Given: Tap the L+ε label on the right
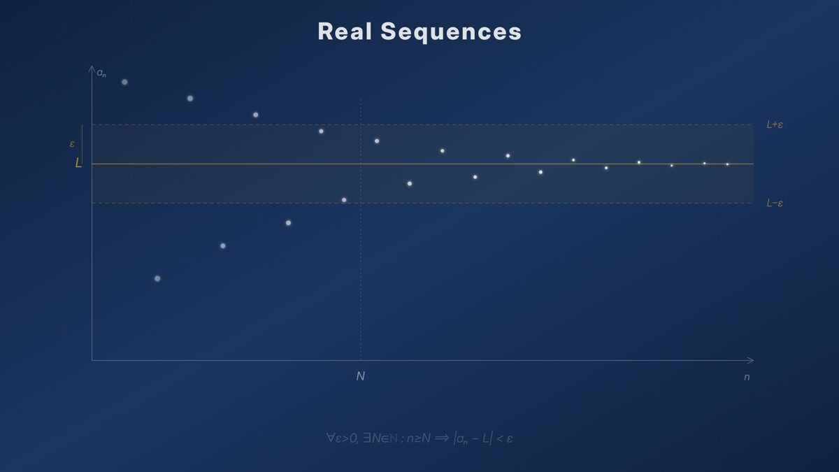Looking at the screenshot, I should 774,124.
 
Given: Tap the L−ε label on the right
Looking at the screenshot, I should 774,203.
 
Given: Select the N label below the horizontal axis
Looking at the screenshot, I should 361,376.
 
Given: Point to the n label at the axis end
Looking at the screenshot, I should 747,377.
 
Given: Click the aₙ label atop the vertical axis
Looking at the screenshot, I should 101,73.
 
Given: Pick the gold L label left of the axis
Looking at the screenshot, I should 78,164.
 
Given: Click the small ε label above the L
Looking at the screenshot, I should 72,144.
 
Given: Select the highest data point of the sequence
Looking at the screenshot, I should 124,82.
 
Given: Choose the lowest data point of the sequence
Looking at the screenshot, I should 157,278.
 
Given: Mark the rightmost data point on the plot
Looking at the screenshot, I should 727,164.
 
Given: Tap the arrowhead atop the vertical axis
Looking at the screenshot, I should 92,69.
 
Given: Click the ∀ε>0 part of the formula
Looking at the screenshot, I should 342,438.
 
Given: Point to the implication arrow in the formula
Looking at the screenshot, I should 440,438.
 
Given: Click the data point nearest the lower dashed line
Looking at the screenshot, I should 344,200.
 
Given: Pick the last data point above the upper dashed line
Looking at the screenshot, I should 256,115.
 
